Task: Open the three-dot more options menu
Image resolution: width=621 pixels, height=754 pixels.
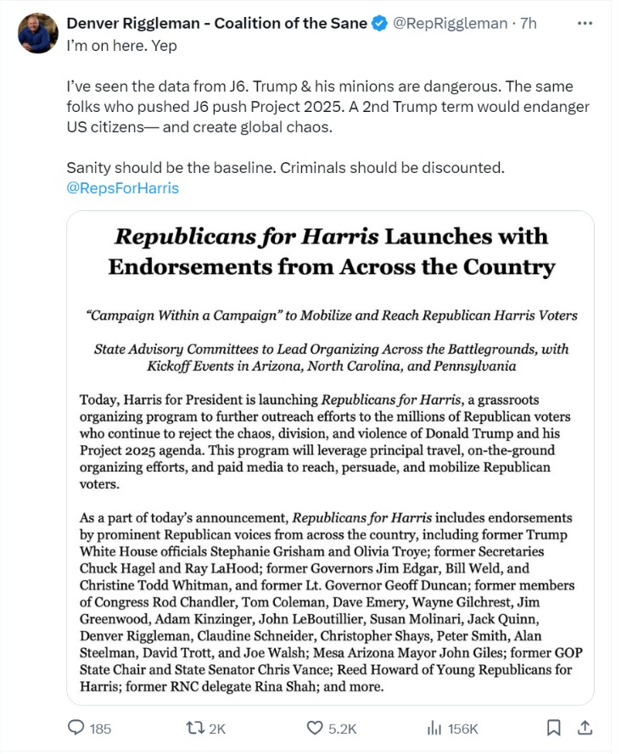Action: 585,23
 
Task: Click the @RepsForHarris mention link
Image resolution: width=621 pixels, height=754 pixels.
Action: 122,188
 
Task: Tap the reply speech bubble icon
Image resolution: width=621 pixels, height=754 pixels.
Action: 76,728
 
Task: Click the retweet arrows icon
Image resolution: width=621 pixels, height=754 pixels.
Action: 195,728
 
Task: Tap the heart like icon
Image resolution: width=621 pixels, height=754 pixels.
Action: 315,728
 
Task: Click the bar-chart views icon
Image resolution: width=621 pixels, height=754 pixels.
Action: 434,728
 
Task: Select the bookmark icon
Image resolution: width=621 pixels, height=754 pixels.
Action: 553,728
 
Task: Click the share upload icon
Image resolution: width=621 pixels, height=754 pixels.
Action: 585,728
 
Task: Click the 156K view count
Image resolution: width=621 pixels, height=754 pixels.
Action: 463,729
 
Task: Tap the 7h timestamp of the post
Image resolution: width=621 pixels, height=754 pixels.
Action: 528,24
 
